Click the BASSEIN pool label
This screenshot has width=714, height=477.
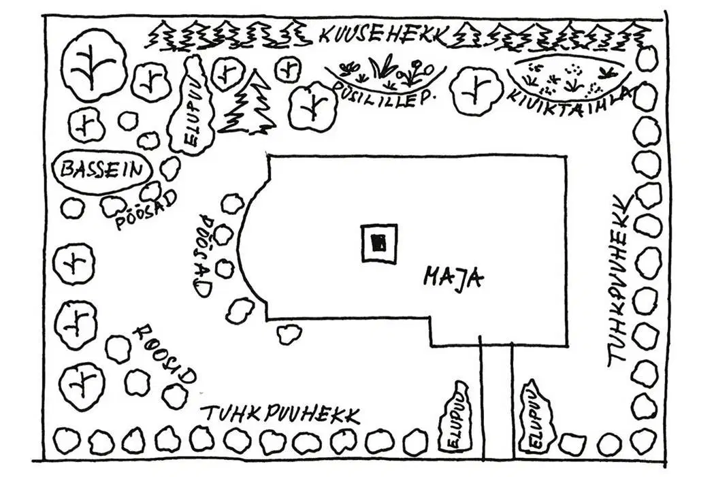click(x=101, y=171)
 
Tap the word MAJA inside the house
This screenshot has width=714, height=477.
click(x=453, y=277)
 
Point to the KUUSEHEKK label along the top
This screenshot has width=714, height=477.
click(x=383, y=36)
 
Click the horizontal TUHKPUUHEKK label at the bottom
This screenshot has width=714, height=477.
click(x=281, y=413)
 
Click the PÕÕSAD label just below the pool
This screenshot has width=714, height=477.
click(x=145, y=211)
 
